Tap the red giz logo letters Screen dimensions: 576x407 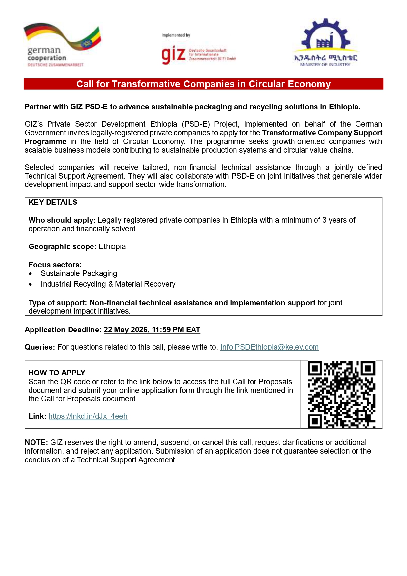(x=173, y=55)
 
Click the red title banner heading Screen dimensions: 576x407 (x=203, y=84)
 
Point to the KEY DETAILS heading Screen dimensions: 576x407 (x=53, y=202)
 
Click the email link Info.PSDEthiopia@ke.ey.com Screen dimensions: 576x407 (x=269, y=347)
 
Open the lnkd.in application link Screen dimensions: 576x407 (x=88, y=416)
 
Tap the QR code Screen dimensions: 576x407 (x=341, y=395)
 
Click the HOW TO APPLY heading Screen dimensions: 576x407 (x=57, y=373)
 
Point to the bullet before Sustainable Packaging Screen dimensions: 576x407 (x=31, y=274)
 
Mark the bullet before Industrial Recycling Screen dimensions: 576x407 (x=31, y=284)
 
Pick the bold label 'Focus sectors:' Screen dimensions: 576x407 (x=55, y=265)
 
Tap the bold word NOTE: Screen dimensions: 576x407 (x=36, y=442)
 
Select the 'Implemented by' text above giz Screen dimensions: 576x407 (x=175, y=35)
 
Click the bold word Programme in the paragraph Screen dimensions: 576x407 (x=45, y=141)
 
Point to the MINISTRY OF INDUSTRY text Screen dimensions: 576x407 (x=325, y=65)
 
